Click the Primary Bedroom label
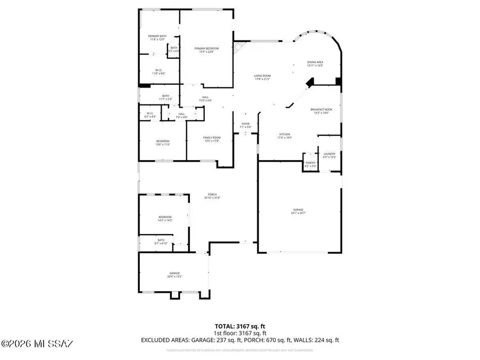206,50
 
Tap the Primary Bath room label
157,38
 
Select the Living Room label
262,77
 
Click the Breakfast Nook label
321,111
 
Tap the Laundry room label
329,156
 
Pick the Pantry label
310,165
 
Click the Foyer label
245,125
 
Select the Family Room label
212,139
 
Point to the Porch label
212,196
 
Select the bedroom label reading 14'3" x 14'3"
164,218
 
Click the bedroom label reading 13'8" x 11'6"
163,142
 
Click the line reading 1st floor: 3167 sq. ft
239,333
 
